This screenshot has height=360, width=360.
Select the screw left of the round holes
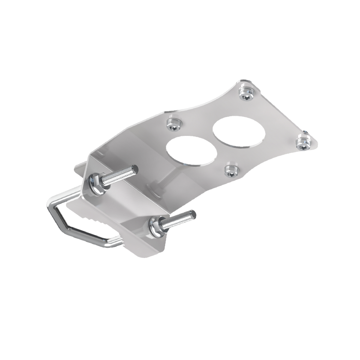174,124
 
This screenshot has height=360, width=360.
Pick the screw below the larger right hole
231,171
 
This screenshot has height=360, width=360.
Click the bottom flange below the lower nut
146,251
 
